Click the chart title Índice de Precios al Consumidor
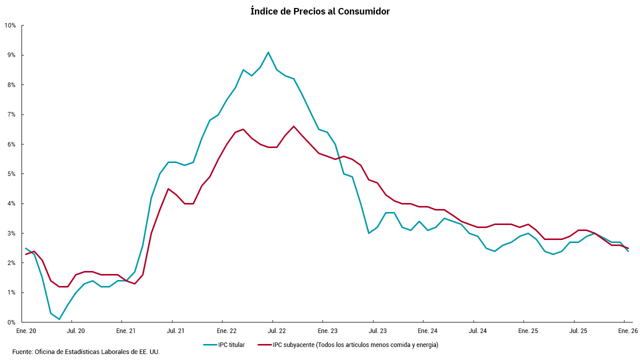pos(320,11)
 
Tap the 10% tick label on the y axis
pos(10,25)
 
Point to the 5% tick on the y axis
pos(11,174)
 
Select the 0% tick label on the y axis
pos(11,322)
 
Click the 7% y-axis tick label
pos(11,114)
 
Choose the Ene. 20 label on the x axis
pos(26,331)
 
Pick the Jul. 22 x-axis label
pos(276,331)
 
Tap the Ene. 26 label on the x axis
pos(627,331)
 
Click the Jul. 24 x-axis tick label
pos(477,331)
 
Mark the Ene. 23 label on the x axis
pos(327,331)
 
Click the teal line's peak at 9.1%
pos(268,52)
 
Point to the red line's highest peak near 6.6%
pos(293,126)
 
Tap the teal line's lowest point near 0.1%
pos(59,319)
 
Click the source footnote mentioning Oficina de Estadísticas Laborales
pos(86,352)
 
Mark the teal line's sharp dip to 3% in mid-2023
pos(368,233)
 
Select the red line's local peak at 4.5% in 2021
pos(168,188)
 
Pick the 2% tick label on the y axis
pos(11,263)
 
